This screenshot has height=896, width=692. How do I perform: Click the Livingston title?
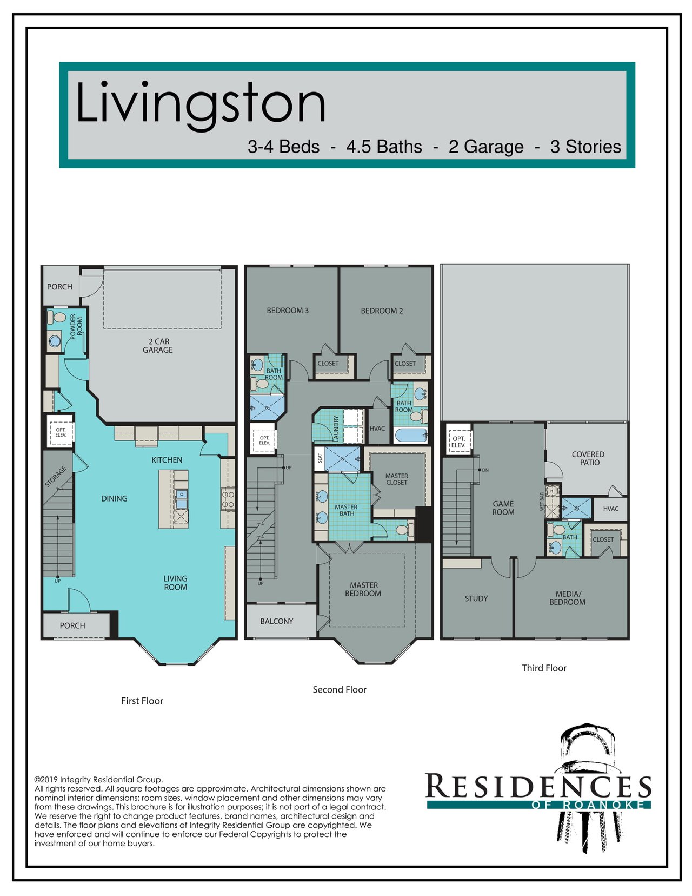tap(201, 105)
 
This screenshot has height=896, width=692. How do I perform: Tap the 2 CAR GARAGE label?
tap(158, 346)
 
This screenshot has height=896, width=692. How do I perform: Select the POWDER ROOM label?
tap(76, 327)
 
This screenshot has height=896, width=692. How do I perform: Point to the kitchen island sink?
tap(181, 499)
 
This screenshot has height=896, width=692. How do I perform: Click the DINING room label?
tap(114, 498)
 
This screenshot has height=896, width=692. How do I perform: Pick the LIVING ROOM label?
tap(176, 583)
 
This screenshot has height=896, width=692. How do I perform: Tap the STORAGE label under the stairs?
tap(56, 477)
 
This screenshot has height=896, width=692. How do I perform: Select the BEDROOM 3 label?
tap(288, 311)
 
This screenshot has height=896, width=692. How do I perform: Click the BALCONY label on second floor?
tap(277, 621)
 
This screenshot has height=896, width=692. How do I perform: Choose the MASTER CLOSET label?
tap(397, 479)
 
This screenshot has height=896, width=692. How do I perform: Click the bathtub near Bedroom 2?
tap(411, 435)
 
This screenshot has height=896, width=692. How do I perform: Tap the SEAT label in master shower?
tap(320, 458)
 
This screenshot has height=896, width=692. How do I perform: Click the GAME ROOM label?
tap(503, 508)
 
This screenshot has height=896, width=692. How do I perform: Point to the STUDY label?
tap(476, 598)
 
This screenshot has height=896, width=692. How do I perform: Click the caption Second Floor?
tap(340, 689)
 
